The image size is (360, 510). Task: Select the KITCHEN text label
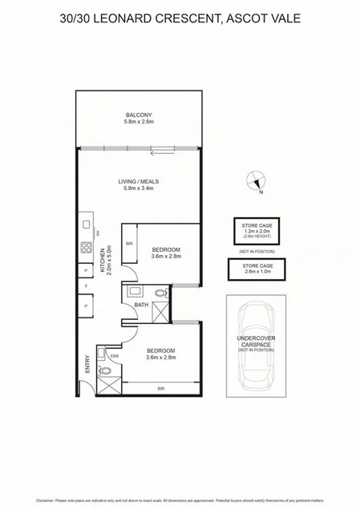point(102,261)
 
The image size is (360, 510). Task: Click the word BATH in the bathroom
point(141,305)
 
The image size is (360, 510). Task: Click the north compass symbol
point(254,182)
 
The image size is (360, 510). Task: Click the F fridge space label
point(84,285)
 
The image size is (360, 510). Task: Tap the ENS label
point(115,354)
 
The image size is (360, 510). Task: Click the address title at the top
point(180,15)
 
